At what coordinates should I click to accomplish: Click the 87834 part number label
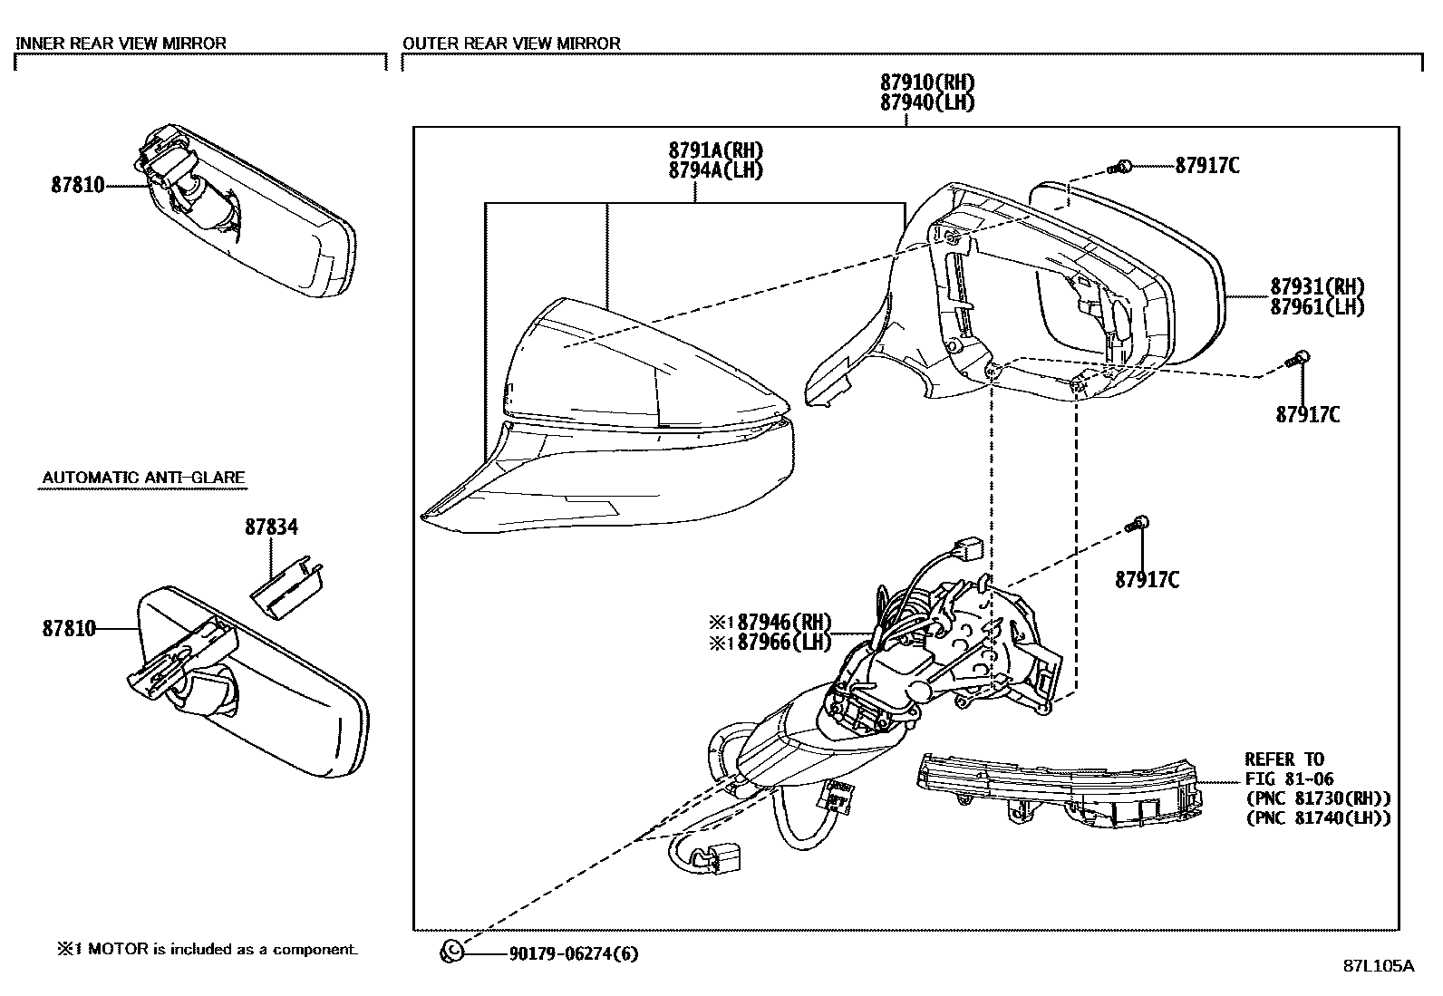pyautogui.click(x=271, y=527)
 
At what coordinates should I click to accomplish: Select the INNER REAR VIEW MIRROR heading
pyautogui.click(x=121, y=43)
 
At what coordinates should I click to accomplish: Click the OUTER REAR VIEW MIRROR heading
pyautogui.click(x=511, y=43)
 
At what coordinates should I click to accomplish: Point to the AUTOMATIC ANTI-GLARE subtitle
pyautogui.click(x=144, y=478)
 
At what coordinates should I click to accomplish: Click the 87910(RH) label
pyautogui.click(x=927, y=82)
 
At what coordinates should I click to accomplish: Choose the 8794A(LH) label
pyautogui.click(x=715, y=169)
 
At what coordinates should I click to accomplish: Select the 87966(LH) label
pyautogui.click(x=784, y=642)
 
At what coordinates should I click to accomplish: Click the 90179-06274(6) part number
pyautogui.click(x=574, y=953)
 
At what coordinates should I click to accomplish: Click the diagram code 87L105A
pyautogui.click(x=1378, y=966)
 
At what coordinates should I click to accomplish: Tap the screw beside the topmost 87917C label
pyautogui.click(x=1120, y=166)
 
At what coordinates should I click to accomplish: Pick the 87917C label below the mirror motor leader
pyautogui.click(x=1147, y=579)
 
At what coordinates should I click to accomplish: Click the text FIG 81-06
pyautogui.click(x=1289, y=778)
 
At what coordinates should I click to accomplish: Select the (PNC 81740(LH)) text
pyautogui.click(x=1318, y=817)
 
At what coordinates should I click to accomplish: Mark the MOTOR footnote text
pyautogui.click(x=208, y=949)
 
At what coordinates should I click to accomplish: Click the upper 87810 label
pyautogui.click(x=78, y=185)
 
